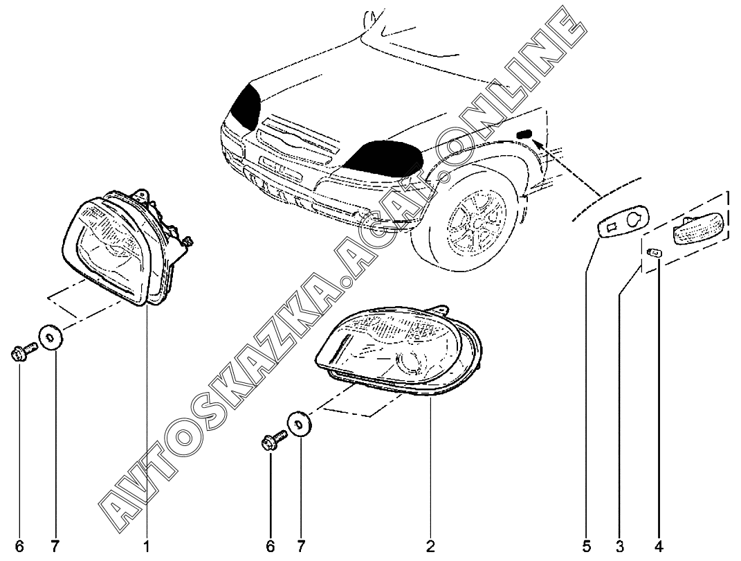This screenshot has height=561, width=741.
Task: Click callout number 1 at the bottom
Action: (147, 546)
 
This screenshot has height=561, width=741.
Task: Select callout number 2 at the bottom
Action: (430, 546)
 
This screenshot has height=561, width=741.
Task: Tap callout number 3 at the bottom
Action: (619, 546)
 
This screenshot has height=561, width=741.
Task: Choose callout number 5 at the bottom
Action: (587, 546)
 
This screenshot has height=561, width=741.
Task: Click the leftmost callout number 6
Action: (19, 546)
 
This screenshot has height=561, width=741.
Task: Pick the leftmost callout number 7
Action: (55, 546)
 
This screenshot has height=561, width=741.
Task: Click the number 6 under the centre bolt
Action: (271, 546)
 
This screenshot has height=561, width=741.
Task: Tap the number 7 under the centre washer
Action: (301, 546)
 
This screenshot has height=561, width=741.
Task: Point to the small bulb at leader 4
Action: (655, 253)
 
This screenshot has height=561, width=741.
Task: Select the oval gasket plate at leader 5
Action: (623, 222)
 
